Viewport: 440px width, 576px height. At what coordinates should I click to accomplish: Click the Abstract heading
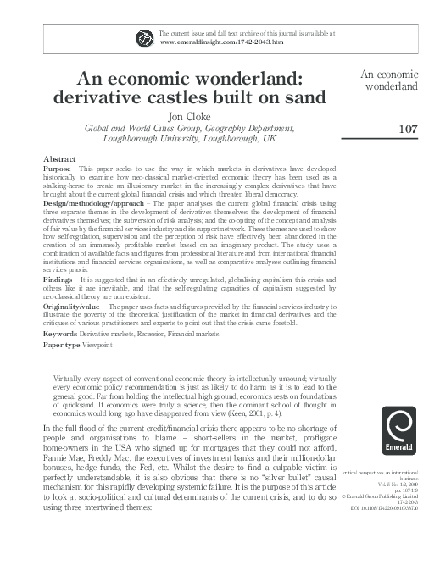58,159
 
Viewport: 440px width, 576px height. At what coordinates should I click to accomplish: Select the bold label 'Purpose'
58,169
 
